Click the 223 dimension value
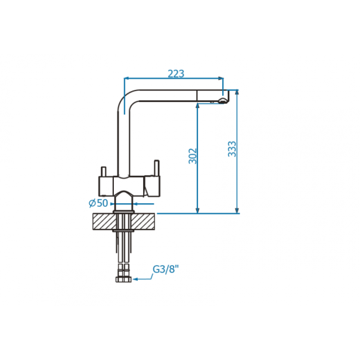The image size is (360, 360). (176, 74)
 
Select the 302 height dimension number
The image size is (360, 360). (193, 156)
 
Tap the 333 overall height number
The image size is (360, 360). (232, 149)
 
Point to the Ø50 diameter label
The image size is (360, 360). (98, 203)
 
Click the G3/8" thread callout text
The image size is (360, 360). (165, 269)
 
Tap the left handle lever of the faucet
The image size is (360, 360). (104, 172)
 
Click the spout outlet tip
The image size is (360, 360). (222, 101)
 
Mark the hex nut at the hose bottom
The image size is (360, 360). (123, 279)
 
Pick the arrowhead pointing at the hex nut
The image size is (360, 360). (135, 279)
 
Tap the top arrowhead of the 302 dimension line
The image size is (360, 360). (197, 105)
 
